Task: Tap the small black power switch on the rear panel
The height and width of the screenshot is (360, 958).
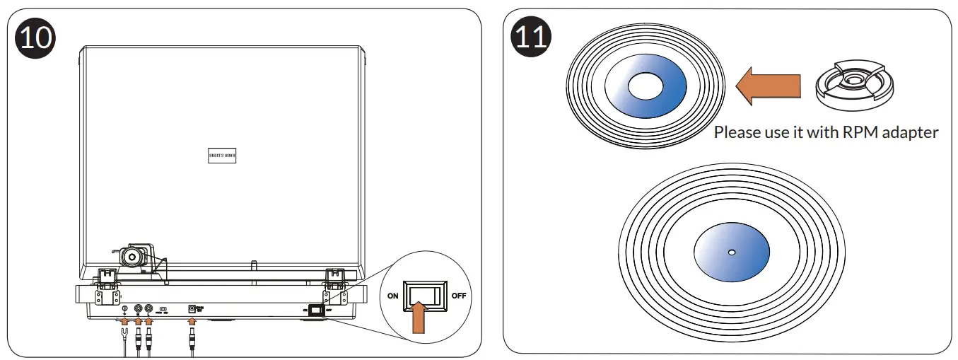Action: [316, 309]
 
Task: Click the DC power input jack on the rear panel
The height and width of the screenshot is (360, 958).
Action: [191, 308]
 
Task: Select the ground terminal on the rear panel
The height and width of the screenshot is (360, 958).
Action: [124, 308]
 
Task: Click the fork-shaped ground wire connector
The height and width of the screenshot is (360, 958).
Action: [124, 330]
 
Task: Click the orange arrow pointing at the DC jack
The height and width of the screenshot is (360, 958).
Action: [191, 323]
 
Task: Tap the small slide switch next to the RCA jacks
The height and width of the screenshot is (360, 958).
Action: [163, 309]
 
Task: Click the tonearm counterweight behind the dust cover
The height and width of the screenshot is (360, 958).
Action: [132, 256]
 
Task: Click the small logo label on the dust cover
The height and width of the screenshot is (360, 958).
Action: [222, 157]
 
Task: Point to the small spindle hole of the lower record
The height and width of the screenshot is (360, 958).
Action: [732, 252]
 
